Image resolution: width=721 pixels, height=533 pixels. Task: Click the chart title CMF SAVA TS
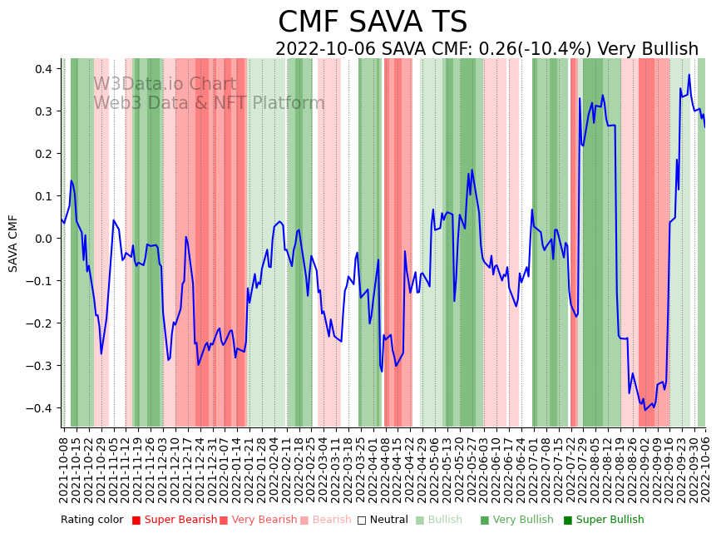click(372, 22)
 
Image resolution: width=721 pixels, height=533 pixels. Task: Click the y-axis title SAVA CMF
click(13, 243)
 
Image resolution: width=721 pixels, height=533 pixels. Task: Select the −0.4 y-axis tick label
click(42, 408)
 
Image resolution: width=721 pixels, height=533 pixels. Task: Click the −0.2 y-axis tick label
click(42, 323)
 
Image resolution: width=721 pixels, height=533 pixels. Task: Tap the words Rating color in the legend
click(91, 520)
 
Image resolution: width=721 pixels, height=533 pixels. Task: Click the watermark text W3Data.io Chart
click(165, 84)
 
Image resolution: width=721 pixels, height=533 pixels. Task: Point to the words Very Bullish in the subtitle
click(648, 49)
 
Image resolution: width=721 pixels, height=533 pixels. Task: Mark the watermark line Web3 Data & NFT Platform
click(209, 103)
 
